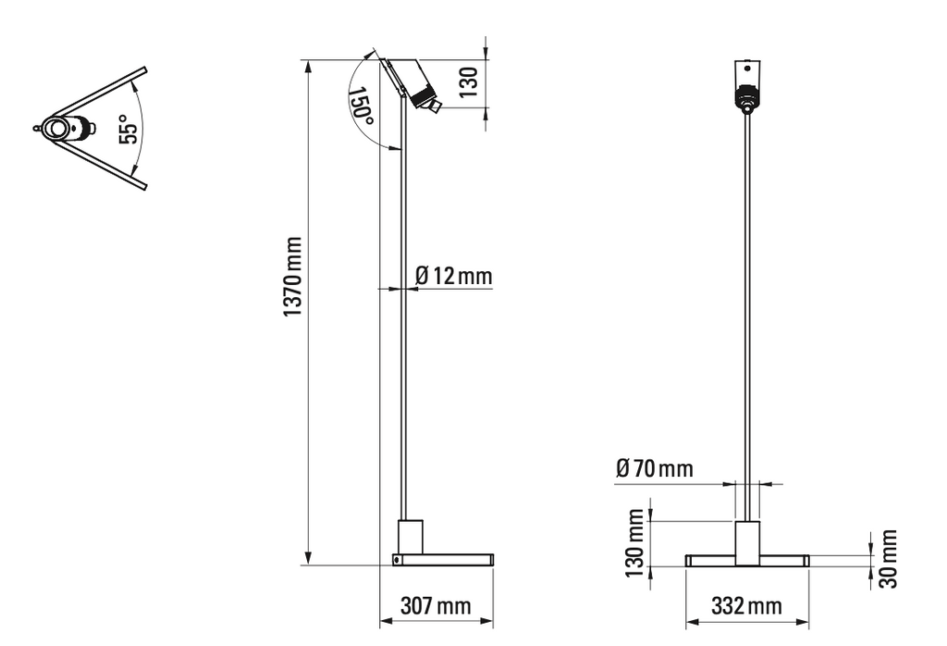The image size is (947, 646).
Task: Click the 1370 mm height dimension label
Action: (293, 275)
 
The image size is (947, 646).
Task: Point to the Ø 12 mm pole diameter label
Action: (453, 276)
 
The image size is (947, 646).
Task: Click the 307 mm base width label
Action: (435, 607)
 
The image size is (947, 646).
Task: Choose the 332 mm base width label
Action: (746, 607)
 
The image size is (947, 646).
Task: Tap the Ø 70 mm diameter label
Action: (654, 470)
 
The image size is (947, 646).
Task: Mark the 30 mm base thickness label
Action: (888, 558)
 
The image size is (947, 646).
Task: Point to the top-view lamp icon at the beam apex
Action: (67, 129)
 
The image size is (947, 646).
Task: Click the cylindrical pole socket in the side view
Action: (410, 537)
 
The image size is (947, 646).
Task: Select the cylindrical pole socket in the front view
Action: (747, 542)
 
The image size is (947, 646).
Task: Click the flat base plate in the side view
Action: (443, 560)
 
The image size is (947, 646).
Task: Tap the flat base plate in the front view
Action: (747, 561)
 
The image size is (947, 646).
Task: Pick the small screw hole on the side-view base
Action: (397, 560)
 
